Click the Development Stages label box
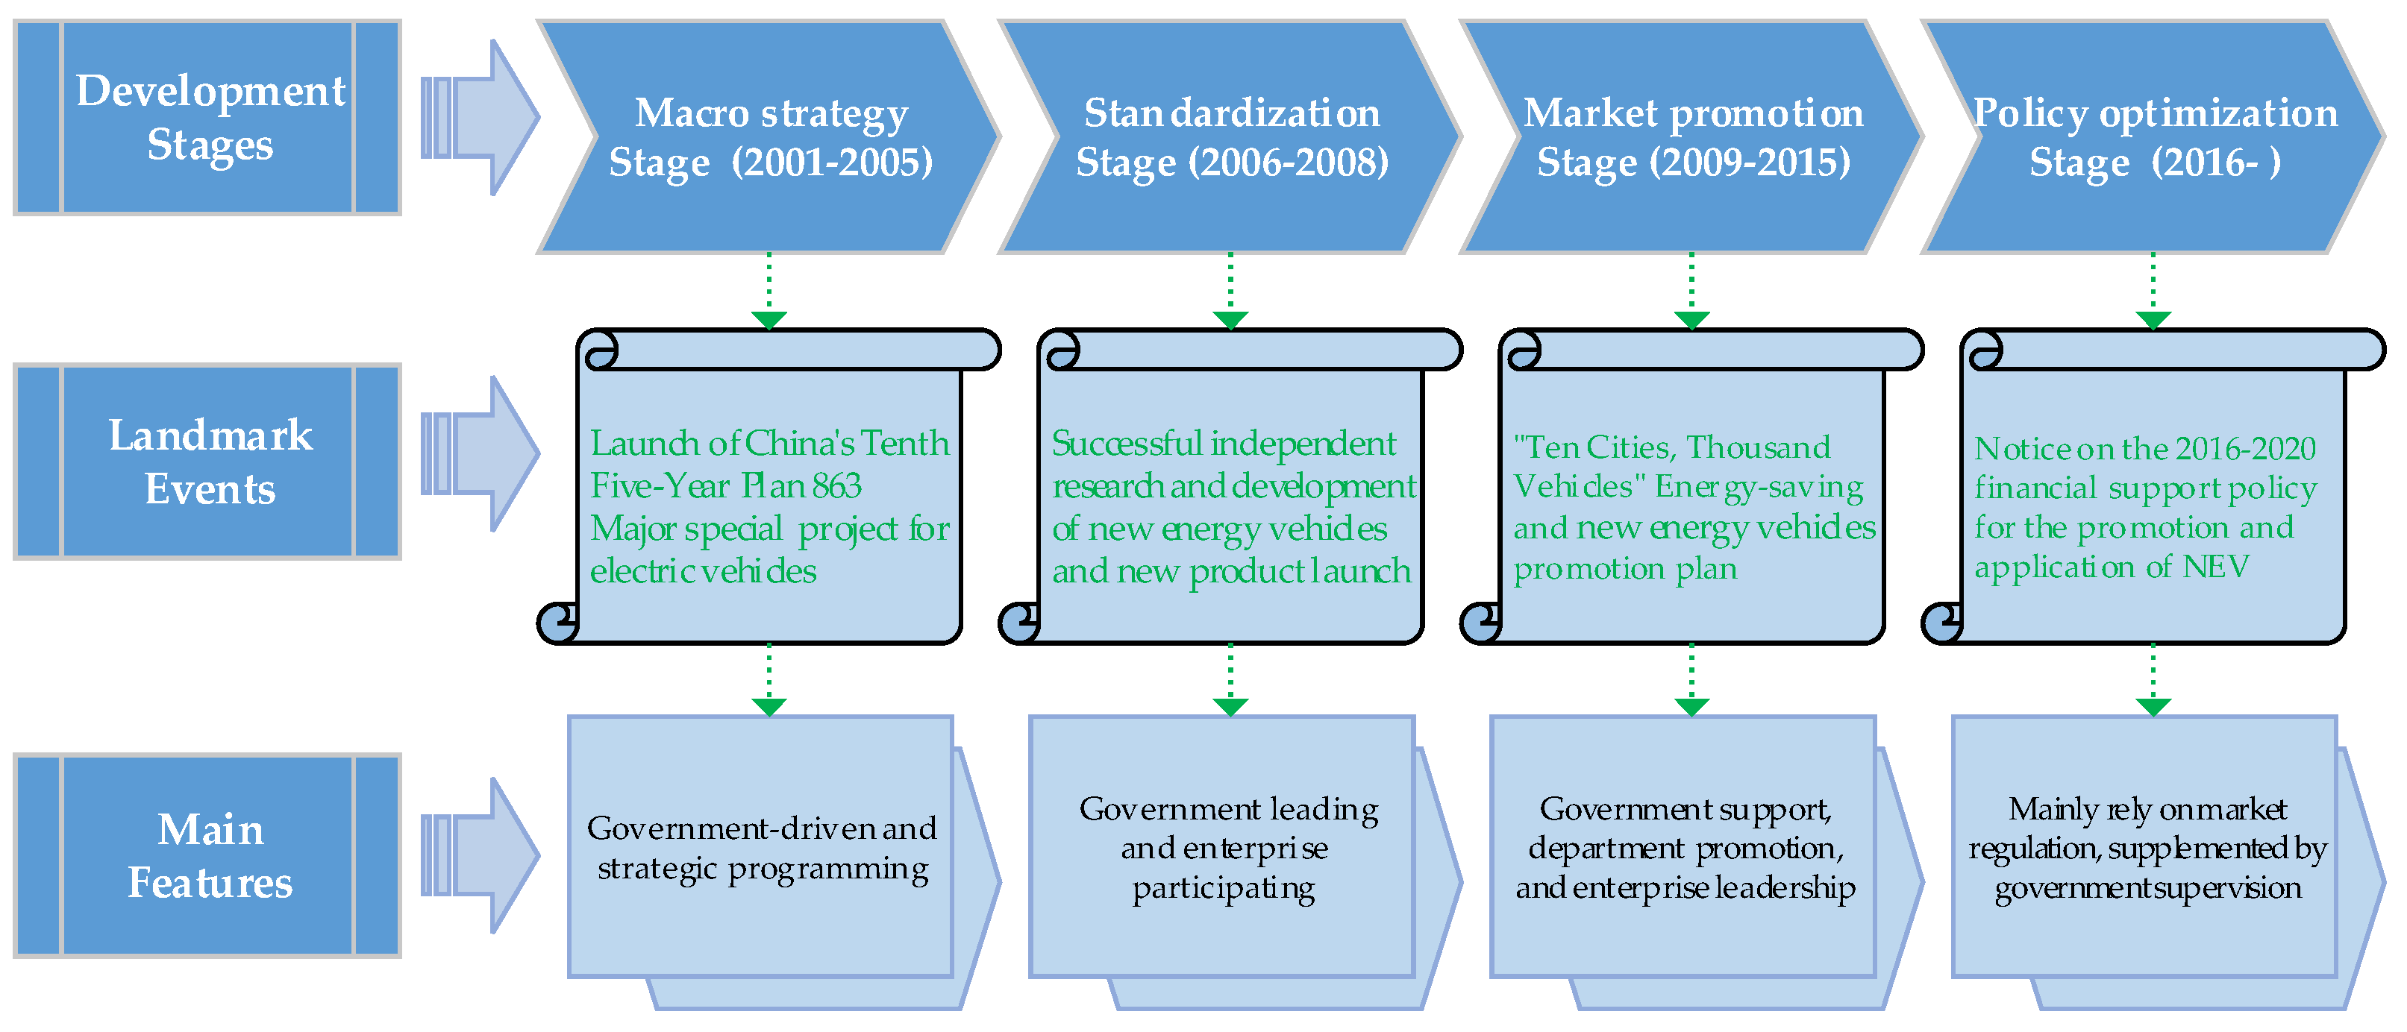(x=207, y=118)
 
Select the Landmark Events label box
(x=207, y=462)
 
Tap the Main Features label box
(x=207, y=855)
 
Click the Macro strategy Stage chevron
(x=770, y=136)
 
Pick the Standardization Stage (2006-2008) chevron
(x=1232, y=136)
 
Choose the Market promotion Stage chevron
(x=1693, y=136)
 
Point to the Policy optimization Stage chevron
(x=2154, y=136)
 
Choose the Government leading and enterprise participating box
(x=1223, y=848)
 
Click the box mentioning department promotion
(x=1685, y=848)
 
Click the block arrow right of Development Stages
(x=479, y=118)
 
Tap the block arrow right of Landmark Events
(x=479, y=454)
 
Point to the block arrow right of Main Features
(x=479, y=855)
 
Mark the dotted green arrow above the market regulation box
(x=2154, y=680)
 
